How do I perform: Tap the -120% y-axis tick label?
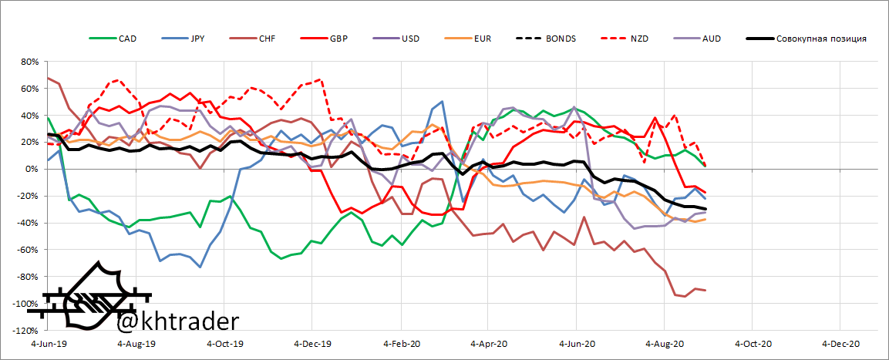pos(25,331)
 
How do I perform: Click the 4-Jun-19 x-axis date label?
pos(49,344)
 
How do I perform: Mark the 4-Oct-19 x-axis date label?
pos(227,344)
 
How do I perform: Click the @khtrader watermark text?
pos(178,320)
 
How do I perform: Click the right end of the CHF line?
pos(705,290)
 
